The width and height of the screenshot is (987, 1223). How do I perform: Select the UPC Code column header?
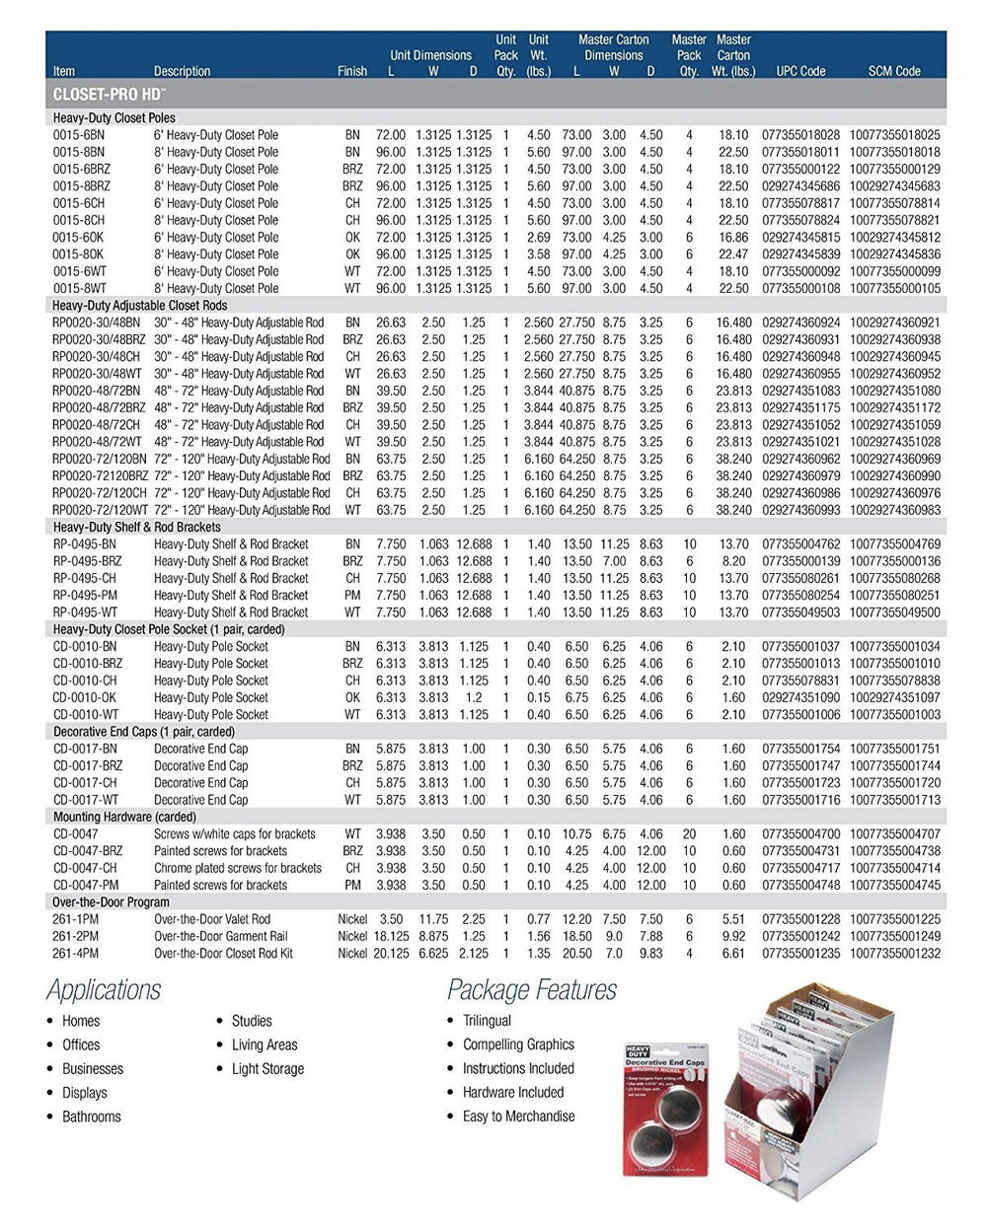800,71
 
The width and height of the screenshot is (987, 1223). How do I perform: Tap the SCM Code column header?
894,71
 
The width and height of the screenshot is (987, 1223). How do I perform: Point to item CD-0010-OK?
87,697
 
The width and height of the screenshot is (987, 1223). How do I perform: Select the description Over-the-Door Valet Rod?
211,919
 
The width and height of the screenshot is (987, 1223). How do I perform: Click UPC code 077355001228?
800,919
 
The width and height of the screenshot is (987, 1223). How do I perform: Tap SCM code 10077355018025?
894,135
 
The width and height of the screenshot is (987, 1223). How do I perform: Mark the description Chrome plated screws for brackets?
237,868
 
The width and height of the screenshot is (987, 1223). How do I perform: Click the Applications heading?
104,989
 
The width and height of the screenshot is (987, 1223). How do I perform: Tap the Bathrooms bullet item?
91,1116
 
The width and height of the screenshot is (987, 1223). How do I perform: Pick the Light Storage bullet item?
267,1068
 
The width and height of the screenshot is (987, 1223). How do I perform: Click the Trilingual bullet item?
487,1021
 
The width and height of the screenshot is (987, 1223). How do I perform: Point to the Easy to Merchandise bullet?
518,1116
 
